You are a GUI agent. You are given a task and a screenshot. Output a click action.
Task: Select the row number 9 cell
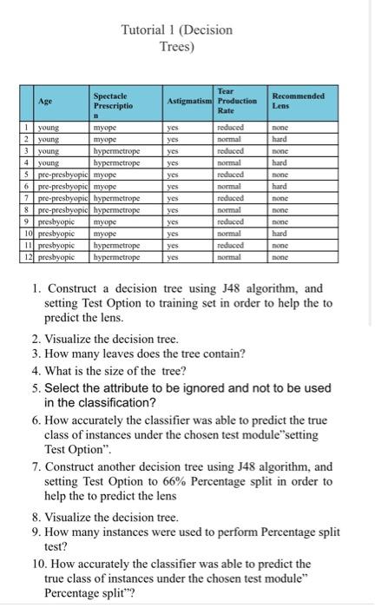click(28, 221)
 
